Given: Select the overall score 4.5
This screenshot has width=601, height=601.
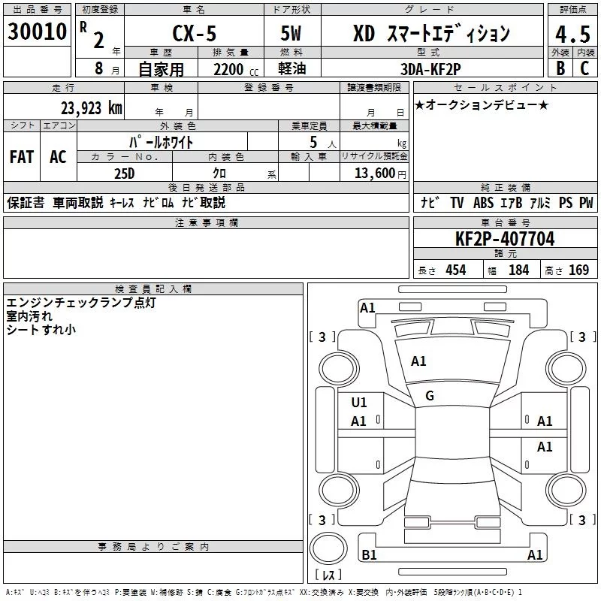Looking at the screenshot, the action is [x=572, y=35].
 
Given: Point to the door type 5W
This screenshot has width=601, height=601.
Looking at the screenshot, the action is [x=292, y=35].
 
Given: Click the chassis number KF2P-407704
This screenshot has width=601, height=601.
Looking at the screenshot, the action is [x=505, y=239].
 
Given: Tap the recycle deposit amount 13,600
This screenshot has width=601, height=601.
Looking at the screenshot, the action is [x=375, y=173].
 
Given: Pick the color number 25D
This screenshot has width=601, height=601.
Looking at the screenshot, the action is [x=125, y=173].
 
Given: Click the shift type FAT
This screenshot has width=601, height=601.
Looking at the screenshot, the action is [x=22, y=157].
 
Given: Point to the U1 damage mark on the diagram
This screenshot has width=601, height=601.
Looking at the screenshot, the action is [x=359, y=403].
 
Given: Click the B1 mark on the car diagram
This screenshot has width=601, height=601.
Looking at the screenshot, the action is [x=369, y=555].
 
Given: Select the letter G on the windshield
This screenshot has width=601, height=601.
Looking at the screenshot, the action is [x=430, y=395].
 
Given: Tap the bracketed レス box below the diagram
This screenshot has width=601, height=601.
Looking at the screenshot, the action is [x=328, y=575].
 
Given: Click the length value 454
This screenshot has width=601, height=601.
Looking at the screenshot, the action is [x=455, y=270].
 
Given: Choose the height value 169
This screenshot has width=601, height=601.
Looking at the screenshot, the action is [x=578, y=270].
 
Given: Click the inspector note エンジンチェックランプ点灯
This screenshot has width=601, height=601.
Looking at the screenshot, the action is [x=83, y=303].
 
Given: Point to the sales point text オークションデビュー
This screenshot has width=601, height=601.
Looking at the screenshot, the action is [x=483, y=105].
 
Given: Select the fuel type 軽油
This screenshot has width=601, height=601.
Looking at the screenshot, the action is [x=292, y=70].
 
